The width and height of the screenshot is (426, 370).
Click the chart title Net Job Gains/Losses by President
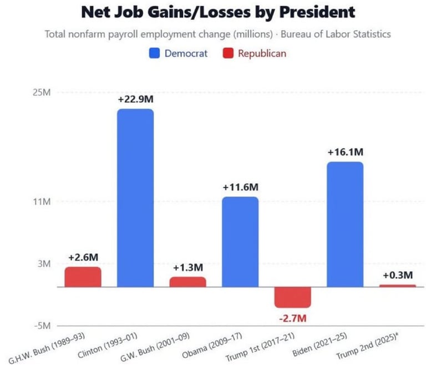tap(217, 12)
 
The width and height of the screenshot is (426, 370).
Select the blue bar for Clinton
tap(135, 197)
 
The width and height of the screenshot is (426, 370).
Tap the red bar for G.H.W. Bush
tap(83, 277)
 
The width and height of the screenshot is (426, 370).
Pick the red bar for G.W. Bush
tap(187, 282)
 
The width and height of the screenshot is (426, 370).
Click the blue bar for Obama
tap(240, 242)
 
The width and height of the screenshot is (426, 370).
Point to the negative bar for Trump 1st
tap(292, 297)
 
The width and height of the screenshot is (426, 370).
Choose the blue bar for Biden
tap(345, 224)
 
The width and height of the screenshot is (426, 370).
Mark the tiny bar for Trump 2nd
tap(397, 286)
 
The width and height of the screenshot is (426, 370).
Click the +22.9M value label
tap(135, 99)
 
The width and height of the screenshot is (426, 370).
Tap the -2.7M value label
tap(292, 319)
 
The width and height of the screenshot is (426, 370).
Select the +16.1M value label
tap(345, 152)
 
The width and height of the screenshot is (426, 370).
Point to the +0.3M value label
tap(398, 275)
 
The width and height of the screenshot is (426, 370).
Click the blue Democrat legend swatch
tap(155, 54)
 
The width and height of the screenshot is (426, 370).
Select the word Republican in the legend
tap(262, 54)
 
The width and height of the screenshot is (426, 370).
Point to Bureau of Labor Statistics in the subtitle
tap(336, 34)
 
